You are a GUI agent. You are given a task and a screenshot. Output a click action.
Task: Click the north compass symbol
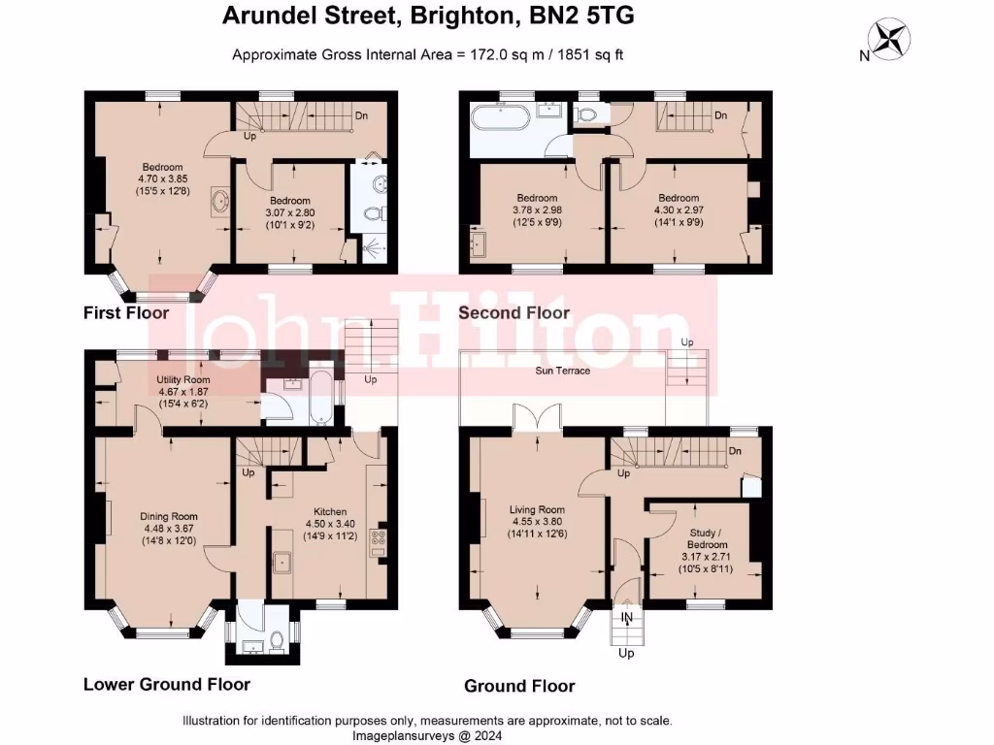tap(890, 40)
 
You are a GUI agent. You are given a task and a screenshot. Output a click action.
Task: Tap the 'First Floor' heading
tap(126, 312)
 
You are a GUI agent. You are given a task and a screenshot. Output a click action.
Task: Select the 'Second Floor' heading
tap(514, 312)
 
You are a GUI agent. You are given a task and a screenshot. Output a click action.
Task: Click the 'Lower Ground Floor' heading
tap(167, 684)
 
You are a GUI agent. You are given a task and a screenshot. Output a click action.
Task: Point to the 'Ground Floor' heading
tap(519, 686)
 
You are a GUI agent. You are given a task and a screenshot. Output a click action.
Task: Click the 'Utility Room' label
tap(183, 380)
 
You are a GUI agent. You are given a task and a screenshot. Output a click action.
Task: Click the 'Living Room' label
tap(538, 509)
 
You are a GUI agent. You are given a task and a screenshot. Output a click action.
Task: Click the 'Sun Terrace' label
tap(563, 371)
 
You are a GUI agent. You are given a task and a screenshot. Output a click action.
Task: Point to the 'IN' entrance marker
tap(627, 617)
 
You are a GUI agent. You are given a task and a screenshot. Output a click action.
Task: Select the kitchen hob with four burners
tap(379, 542)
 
